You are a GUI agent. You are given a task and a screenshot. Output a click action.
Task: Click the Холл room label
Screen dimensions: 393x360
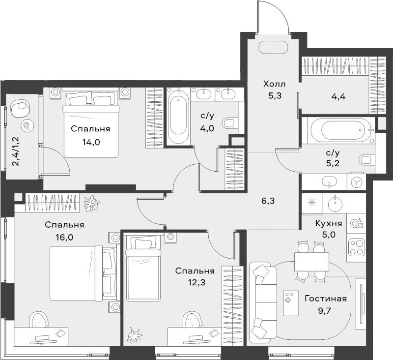coord(274,84)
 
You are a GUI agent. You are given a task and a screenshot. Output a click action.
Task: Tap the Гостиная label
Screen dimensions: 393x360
coord(326,299)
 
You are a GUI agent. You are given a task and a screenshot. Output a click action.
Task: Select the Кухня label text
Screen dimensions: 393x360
coord(329,223)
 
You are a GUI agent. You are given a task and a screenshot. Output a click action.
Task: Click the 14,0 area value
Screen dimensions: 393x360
coord(91,142)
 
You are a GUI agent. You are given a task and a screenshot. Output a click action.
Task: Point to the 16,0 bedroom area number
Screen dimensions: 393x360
coord(64,237)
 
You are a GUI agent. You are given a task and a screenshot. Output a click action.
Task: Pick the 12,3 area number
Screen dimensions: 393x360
coord(197,282)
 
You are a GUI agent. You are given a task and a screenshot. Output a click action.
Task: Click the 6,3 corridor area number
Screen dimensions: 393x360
coord(268,201)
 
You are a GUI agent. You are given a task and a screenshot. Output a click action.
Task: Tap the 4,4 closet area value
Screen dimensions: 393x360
coord(338,96)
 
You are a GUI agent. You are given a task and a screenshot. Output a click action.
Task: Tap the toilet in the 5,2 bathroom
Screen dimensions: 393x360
coord(366,159)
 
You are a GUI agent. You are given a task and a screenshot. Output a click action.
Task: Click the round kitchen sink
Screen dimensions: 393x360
coord(335,204)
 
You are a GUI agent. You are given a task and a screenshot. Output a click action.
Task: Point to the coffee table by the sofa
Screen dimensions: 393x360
coord(291,303)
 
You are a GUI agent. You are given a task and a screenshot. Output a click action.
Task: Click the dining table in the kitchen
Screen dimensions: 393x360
coord(311,262)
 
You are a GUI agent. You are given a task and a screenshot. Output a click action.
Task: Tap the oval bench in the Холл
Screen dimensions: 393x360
coord(273,47)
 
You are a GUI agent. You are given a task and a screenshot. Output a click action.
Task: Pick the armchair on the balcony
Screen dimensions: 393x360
coord(20,107)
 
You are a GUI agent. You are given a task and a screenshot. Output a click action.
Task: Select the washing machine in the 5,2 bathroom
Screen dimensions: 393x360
coord(356,182)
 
